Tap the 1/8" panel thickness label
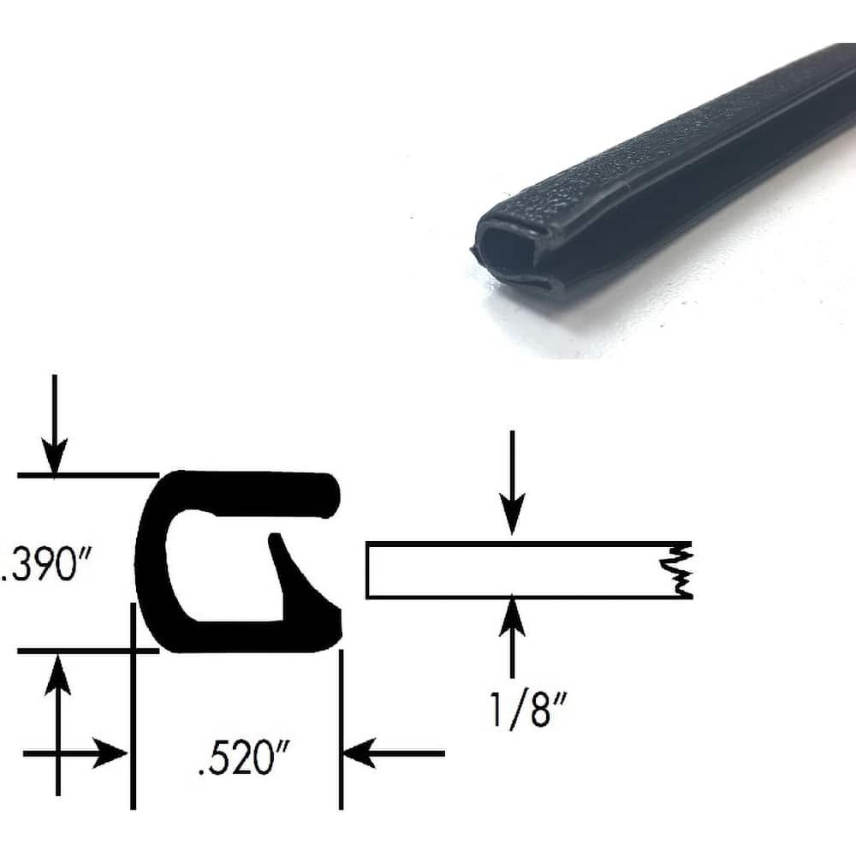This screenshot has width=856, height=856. pos(523,710)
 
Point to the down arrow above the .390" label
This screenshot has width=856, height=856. pos(55,428)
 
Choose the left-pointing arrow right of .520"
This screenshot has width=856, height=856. pos(394,754)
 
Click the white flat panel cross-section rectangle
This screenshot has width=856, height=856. pos(514,570)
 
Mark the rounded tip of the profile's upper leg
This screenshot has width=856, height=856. pos(332,496)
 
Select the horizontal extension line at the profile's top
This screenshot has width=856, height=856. pos(86,474)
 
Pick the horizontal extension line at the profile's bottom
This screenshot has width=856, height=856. pos(86,651)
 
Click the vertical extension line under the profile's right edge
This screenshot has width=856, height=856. pos(341,728)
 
